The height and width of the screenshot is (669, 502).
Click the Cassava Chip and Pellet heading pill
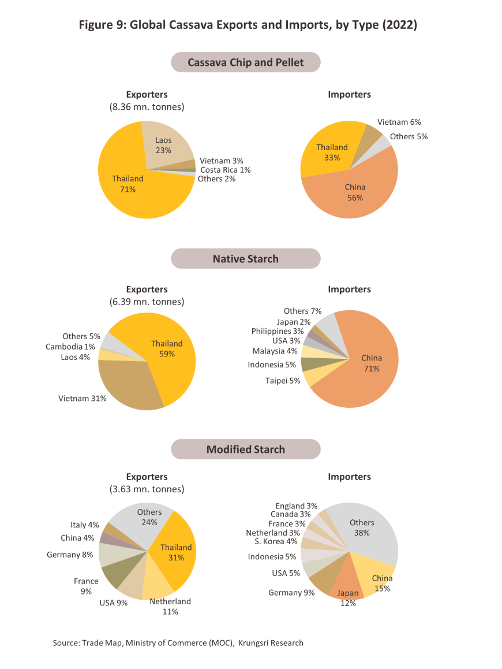pos(245,62)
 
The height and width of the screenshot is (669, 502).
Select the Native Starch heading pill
pos(245,259)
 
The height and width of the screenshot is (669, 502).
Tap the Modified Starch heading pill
pos(245,449)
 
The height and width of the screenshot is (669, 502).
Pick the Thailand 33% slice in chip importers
pos(331,152)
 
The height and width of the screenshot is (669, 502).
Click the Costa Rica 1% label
pos(225,170)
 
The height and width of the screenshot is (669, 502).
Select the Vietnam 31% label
pos(83,399)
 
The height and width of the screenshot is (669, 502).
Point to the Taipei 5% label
pos(283,381)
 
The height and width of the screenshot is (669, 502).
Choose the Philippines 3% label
pos(277,331)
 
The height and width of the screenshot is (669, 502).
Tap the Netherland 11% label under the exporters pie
pos(170,607)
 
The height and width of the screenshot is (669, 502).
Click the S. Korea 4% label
pos(276,541)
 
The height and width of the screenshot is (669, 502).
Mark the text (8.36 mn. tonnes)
pos(147,107)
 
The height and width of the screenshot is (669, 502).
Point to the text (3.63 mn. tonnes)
pos(147,489)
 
